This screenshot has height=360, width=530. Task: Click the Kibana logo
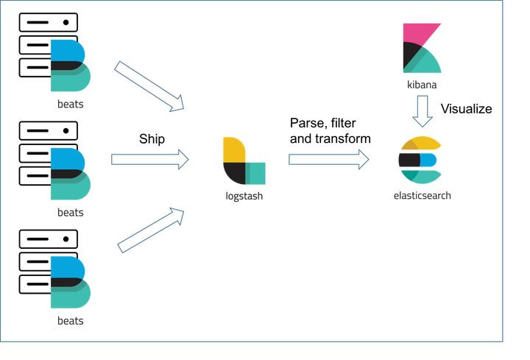click(422, 48)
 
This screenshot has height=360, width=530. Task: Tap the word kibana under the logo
click(422, 85)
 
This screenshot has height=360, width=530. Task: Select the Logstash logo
click(244, 160)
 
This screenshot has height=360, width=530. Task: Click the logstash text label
click(244, 196)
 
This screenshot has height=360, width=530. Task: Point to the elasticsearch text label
click(423, 195)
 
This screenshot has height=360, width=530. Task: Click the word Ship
click(152, 139)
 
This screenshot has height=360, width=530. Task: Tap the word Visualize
click(466, 109)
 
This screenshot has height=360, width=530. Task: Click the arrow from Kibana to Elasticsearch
click(423, 111)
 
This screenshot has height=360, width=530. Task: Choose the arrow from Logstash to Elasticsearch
click(328, 159)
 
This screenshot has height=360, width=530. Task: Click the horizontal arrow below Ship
click(149, 159)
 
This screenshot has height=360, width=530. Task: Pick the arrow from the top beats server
click(149, 87)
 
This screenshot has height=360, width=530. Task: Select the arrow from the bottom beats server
click(151, 230)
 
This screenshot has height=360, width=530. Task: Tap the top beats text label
click(71, 104)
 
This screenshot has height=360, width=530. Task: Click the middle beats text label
click(71, 213)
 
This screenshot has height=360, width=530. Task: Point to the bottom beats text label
click(71, 321)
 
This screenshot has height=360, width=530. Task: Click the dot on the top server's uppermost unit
click(66, 22)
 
